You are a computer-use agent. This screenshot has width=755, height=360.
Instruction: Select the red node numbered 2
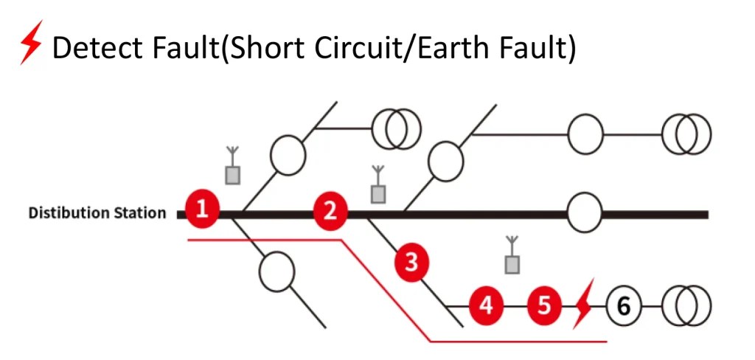click(330, 212)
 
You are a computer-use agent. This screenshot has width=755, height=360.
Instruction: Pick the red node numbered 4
click(485, 304)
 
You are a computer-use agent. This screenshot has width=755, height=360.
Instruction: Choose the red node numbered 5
click(544, 304)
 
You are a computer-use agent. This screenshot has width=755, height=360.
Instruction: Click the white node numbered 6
click(624, 304)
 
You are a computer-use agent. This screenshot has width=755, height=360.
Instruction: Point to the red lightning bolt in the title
click(30, 46)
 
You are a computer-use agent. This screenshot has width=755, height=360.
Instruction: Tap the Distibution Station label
click(97, 213)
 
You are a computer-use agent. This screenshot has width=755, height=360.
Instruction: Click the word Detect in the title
click(98, 48)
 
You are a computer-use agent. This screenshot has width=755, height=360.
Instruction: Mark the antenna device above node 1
click(232, 167)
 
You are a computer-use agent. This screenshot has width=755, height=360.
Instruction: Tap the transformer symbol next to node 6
click(686, 304)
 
